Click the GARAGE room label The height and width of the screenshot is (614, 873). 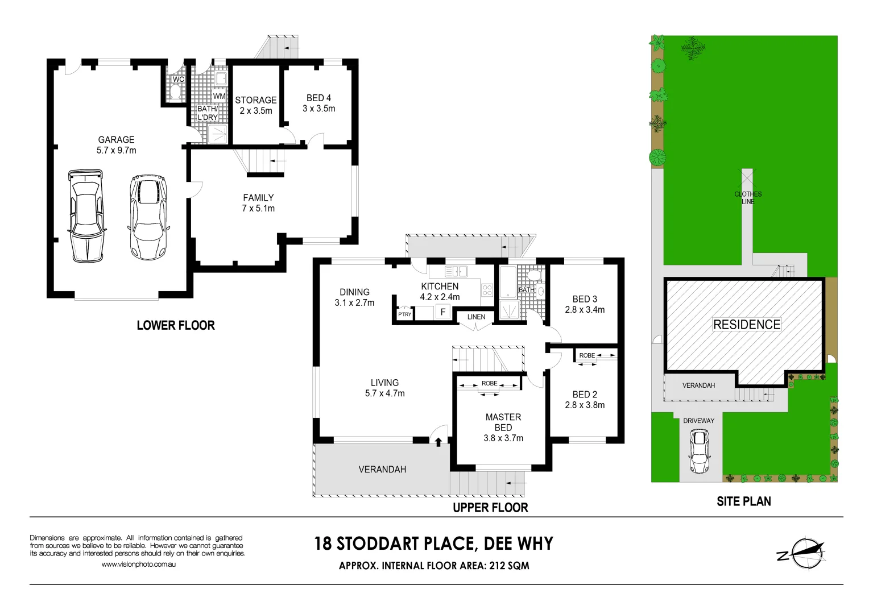pos(116,140)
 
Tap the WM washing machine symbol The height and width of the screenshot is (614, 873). pos(219,96)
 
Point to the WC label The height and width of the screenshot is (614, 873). pos(178,80)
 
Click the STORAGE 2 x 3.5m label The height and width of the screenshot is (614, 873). pos(255,105)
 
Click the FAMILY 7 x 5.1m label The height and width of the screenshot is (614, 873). pos(258,203)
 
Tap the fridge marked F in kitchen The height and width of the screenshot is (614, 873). pos(443,312)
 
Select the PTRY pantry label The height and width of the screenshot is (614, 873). pos(404,314)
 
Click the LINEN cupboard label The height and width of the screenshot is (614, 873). pos(476,317)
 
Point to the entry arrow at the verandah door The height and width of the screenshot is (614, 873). pos(438,441)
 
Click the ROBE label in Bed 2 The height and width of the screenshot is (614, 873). pos(587,355)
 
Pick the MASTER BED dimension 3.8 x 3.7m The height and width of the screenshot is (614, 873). pos(503,438)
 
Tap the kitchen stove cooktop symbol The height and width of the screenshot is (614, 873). pos(487,290)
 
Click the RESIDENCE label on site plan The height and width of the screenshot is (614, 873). pos(747,325)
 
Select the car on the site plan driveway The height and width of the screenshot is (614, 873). pos(699,451)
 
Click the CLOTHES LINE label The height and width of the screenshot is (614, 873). pos(747,197)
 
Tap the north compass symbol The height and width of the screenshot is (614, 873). pos(802,553)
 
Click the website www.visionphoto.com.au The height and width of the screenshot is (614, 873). pos(138,565)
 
